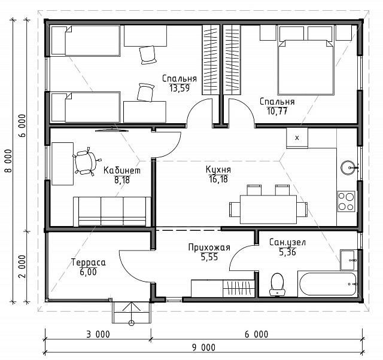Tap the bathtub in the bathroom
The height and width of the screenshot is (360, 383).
tap(328, 284)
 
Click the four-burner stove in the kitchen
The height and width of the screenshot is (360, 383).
tap(346, 202)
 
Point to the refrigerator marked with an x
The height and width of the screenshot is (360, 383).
tap(297, 138)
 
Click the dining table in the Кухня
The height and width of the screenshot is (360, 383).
tap(268, 209)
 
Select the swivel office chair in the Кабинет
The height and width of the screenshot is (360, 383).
tap(86, 161)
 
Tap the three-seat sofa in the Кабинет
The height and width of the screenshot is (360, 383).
tap(112, 211)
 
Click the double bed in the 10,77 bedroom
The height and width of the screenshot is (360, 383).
tap(306, 68)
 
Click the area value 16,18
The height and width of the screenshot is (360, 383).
tap(218, 179)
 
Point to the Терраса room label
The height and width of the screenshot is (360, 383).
tap(89, 263)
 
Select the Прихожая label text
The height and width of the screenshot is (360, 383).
tap(209, 248)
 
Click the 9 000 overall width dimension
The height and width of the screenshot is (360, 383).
tap(203, 347)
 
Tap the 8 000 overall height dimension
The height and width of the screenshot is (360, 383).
tap(8, 161)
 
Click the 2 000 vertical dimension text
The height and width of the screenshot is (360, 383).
tap(22, 267)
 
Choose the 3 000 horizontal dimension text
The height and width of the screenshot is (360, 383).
tap(98, 334)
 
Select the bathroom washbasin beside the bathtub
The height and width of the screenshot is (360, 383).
tap(349, 260)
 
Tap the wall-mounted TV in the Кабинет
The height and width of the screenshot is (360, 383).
tap(112, 130)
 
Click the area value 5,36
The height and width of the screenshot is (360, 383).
tap(287, 252)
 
